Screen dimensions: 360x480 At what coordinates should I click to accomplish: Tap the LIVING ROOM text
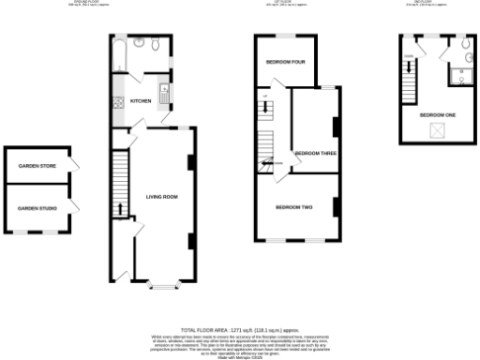point(161,197)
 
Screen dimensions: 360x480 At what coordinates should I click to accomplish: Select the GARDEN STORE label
point(37,168)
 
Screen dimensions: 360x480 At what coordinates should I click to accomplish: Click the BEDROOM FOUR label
point(285,63)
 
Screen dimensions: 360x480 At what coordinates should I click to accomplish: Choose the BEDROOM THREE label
point(315,153)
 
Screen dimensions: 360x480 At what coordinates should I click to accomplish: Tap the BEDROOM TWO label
point(293,206)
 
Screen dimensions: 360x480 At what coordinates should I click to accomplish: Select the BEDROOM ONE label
point(438,114)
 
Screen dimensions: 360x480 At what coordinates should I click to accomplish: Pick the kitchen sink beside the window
point(164,93)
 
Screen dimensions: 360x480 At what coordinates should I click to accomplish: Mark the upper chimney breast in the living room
point(191,161)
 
